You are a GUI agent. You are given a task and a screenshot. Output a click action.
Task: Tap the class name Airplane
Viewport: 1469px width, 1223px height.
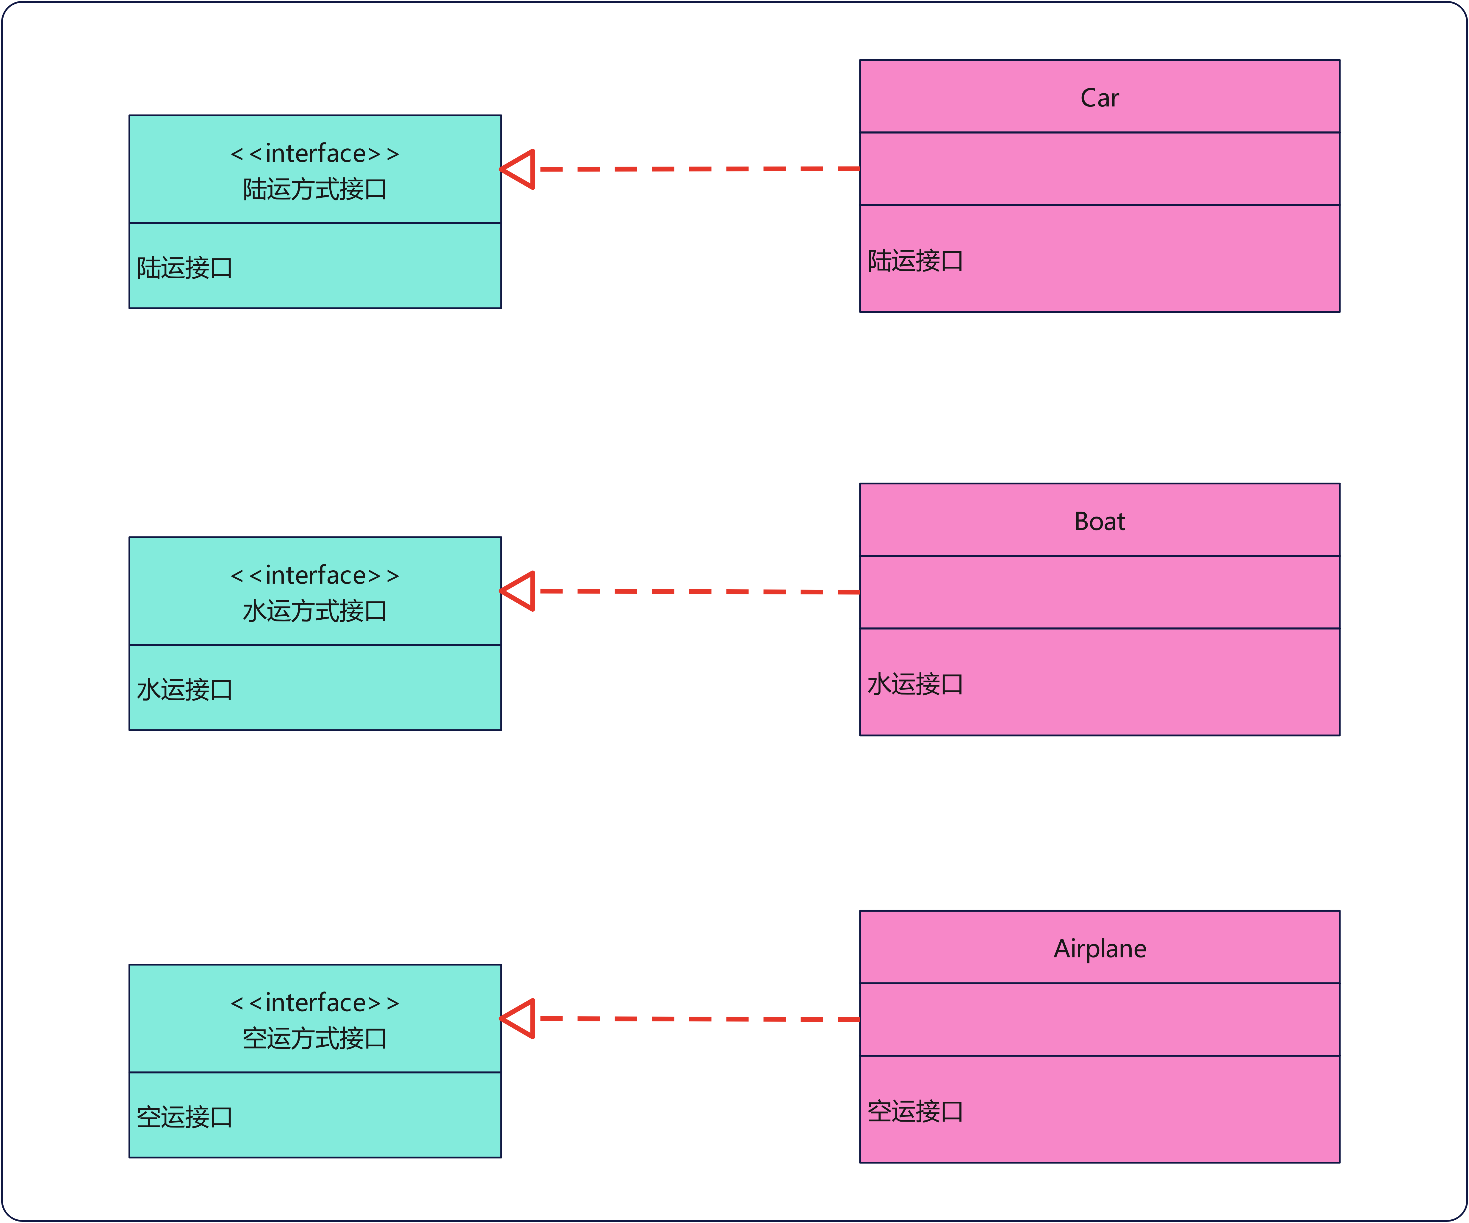click(x=1100, y=949)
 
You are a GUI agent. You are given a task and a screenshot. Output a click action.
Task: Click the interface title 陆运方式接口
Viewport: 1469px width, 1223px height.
click(x=315, y=189)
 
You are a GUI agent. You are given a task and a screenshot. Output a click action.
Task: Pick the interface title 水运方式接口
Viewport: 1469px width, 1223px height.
click(x=315, y=611)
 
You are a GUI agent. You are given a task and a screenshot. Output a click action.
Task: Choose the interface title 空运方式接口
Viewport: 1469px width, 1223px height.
click(x=315, y=1038)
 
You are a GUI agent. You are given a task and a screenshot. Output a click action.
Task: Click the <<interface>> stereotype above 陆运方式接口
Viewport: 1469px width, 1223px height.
click(x=315, y=153)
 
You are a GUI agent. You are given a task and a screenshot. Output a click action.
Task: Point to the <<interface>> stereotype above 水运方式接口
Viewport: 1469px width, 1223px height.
click(x=315, y=575)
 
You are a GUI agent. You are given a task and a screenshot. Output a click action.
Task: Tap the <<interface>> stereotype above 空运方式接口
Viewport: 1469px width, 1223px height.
click(x=315, y=1003)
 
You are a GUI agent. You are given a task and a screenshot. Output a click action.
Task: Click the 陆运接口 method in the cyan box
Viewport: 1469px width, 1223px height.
click(x=185, y=268)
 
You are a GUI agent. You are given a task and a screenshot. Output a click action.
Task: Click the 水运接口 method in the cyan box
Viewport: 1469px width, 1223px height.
click(x=185, y=690)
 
